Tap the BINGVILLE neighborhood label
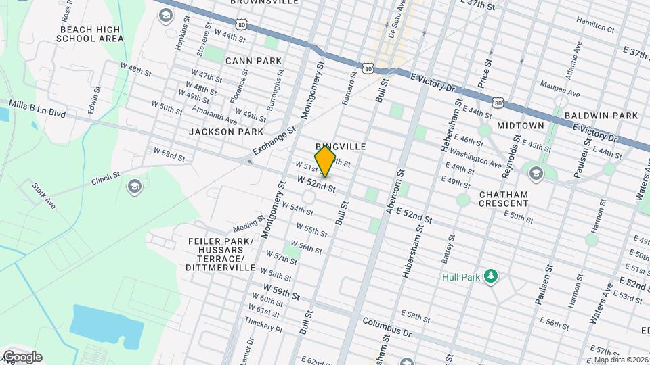click(x=341, y=147)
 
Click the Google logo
click(x=22, y=357)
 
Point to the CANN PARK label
click(x=253, y=61)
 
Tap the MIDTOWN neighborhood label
click(x=521, y=126)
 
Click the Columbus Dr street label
click(x=387, y=328)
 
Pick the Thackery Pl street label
click(x=265, y=327)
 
